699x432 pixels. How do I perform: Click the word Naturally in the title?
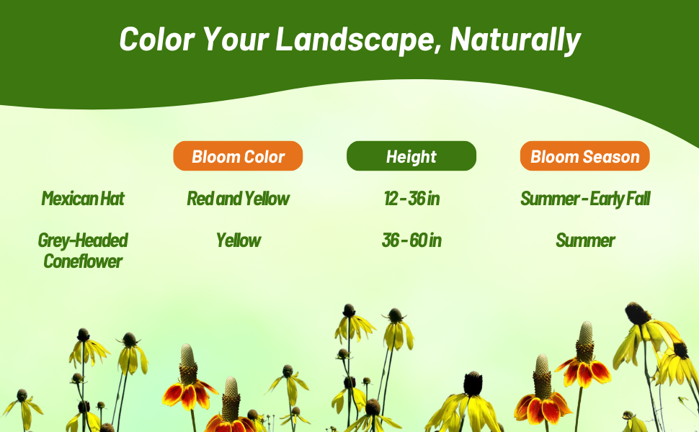(515, 40)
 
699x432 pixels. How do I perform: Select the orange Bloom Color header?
(238, 156)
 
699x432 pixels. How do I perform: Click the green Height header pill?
(411, 156)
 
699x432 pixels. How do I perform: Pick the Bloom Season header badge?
(584, 156)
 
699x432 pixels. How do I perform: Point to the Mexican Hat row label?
(83, 199)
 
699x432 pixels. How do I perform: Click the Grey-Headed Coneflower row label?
(83, 251)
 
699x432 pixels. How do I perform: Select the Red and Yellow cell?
(238, 199)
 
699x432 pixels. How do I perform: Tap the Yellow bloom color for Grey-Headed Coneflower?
(238, 240)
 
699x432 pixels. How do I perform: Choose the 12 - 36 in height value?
(411, 199)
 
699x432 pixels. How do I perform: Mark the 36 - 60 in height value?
(411, 240)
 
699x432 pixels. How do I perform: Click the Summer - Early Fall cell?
(584, 199)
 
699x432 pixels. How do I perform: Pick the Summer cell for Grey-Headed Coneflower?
(584, 240)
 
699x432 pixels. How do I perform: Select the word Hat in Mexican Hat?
(112, 199)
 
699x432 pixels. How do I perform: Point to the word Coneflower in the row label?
(83, 261)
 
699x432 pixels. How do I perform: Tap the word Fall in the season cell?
(638, 199)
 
